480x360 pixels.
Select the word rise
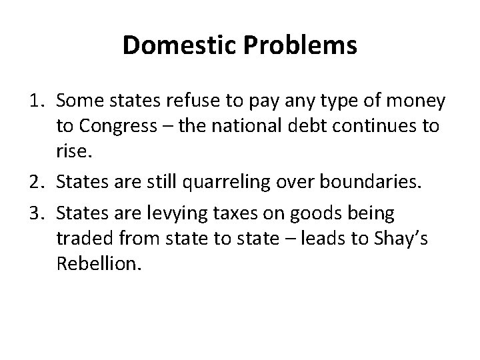tap(72, 152)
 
